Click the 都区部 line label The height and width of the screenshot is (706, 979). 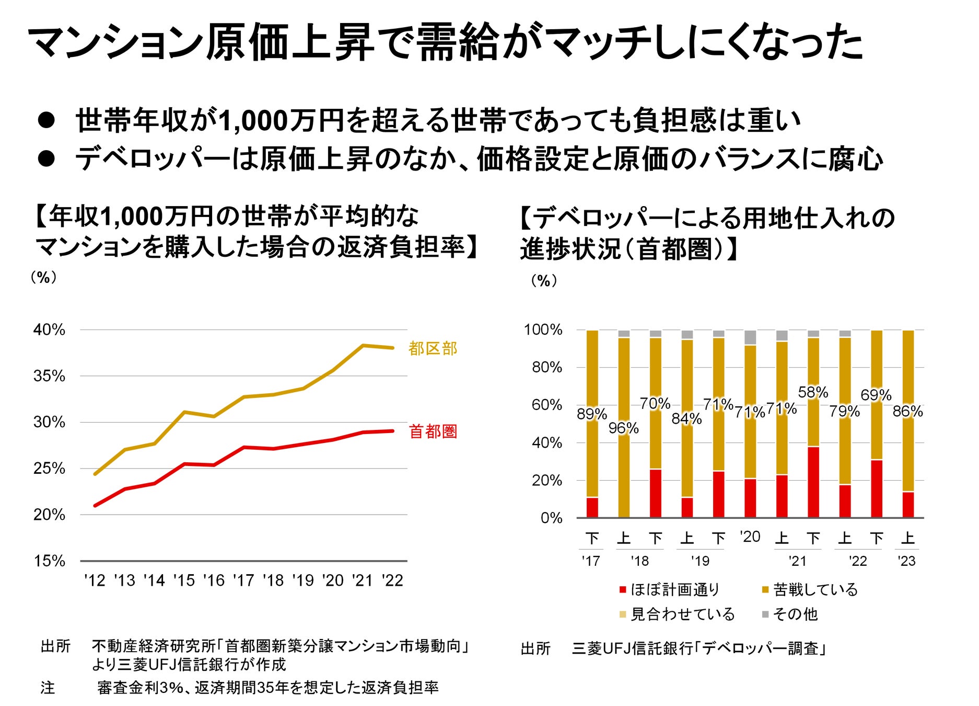tap(433, 348)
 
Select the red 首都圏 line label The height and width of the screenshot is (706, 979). tap(433, 431)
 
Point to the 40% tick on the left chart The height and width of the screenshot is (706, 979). tap(49, 330)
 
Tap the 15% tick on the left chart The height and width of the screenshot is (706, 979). tap(49, 561)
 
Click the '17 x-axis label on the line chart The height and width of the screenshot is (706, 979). tap(243, 580)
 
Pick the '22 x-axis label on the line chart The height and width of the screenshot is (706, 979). tap(392, 580)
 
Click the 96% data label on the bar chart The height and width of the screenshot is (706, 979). tap(623, 428)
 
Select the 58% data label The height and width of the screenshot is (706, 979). tap(813, 392)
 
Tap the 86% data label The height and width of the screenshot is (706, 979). tap(907, 412)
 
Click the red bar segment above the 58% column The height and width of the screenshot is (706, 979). tap(813, 482)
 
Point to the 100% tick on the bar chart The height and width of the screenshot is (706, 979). tap(543, 330)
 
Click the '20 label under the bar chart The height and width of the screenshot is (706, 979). tap(750, 537)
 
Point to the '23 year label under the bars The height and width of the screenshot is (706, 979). tap(906, 561)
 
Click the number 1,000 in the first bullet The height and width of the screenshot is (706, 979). tap(253, 121)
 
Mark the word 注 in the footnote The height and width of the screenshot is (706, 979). tap(48, 688)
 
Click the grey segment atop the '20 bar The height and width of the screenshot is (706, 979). tap(750, 337)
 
